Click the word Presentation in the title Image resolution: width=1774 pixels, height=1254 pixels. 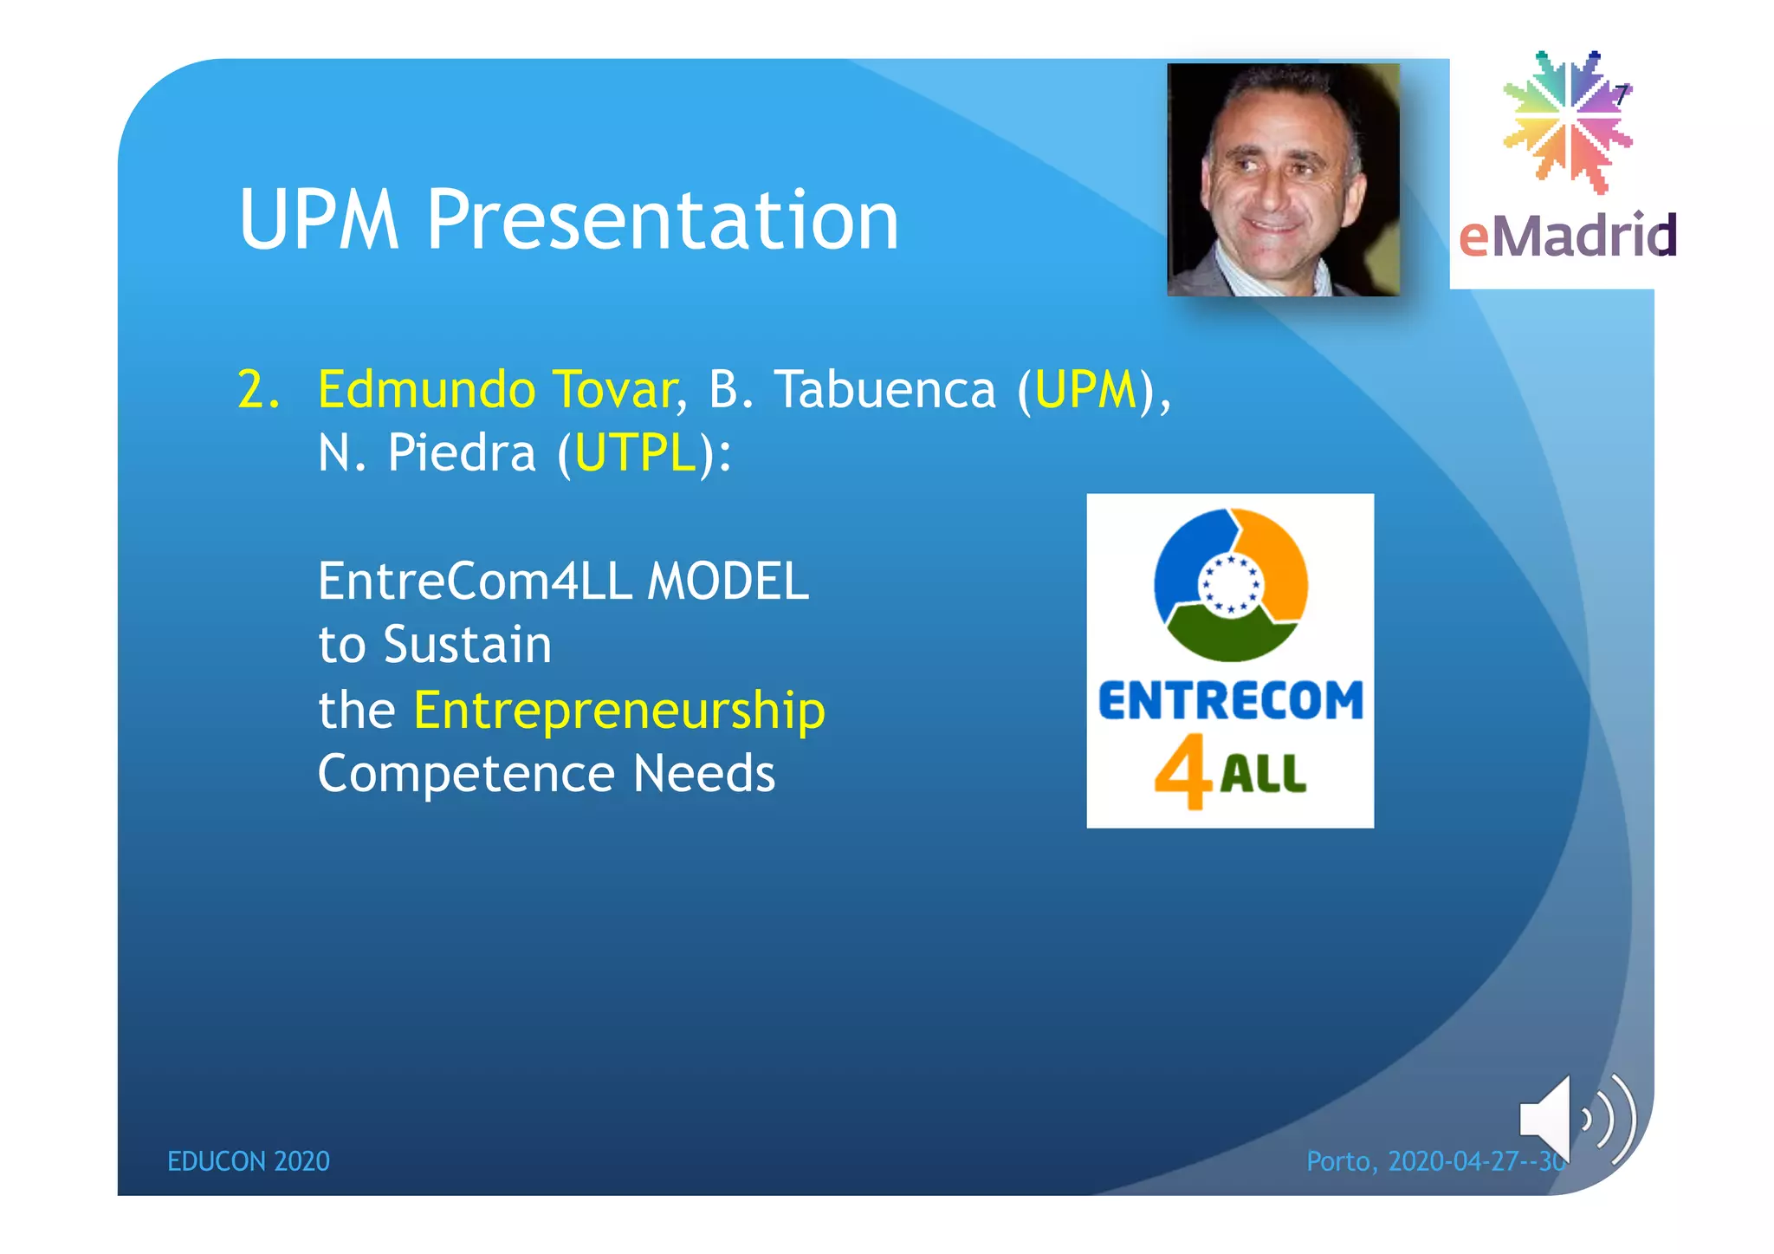point(662,221)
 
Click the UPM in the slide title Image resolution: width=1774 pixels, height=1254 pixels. point(319,221)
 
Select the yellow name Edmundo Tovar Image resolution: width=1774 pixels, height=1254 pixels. point(496,390)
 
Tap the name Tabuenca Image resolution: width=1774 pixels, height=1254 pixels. point(884,390)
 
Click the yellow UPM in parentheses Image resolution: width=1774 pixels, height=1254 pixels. point(1085,390)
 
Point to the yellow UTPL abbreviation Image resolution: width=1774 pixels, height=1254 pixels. point(635,453)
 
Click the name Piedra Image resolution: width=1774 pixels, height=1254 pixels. point(461,453)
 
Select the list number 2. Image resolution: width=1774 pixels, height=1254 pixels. point(257,390)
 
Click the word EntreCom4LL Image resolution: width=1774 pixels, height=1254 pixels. point(476,582)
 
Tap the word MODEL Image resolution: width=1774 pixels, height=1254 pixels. point(728,582)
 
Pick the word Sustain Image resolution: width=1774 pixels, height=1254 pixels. point(467,646)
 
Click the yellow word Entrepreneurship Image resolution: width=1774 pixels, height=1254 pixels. point(618,711)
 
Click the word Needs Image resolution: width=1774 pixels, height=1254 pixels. point(703,774)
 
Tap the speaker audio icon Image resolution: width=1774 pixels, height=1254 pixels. point(1575,1120)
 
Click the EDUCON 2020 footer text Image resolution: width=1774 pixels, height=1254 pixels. point(248,1161)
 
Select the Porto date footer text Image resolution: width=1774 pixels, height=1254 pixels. point(1434,1161)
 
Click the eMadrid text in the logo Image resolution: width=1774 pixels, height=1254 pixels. point(1567,236)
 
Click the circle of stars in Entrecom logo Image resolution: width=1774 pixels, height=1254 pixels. point(1230,585)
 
